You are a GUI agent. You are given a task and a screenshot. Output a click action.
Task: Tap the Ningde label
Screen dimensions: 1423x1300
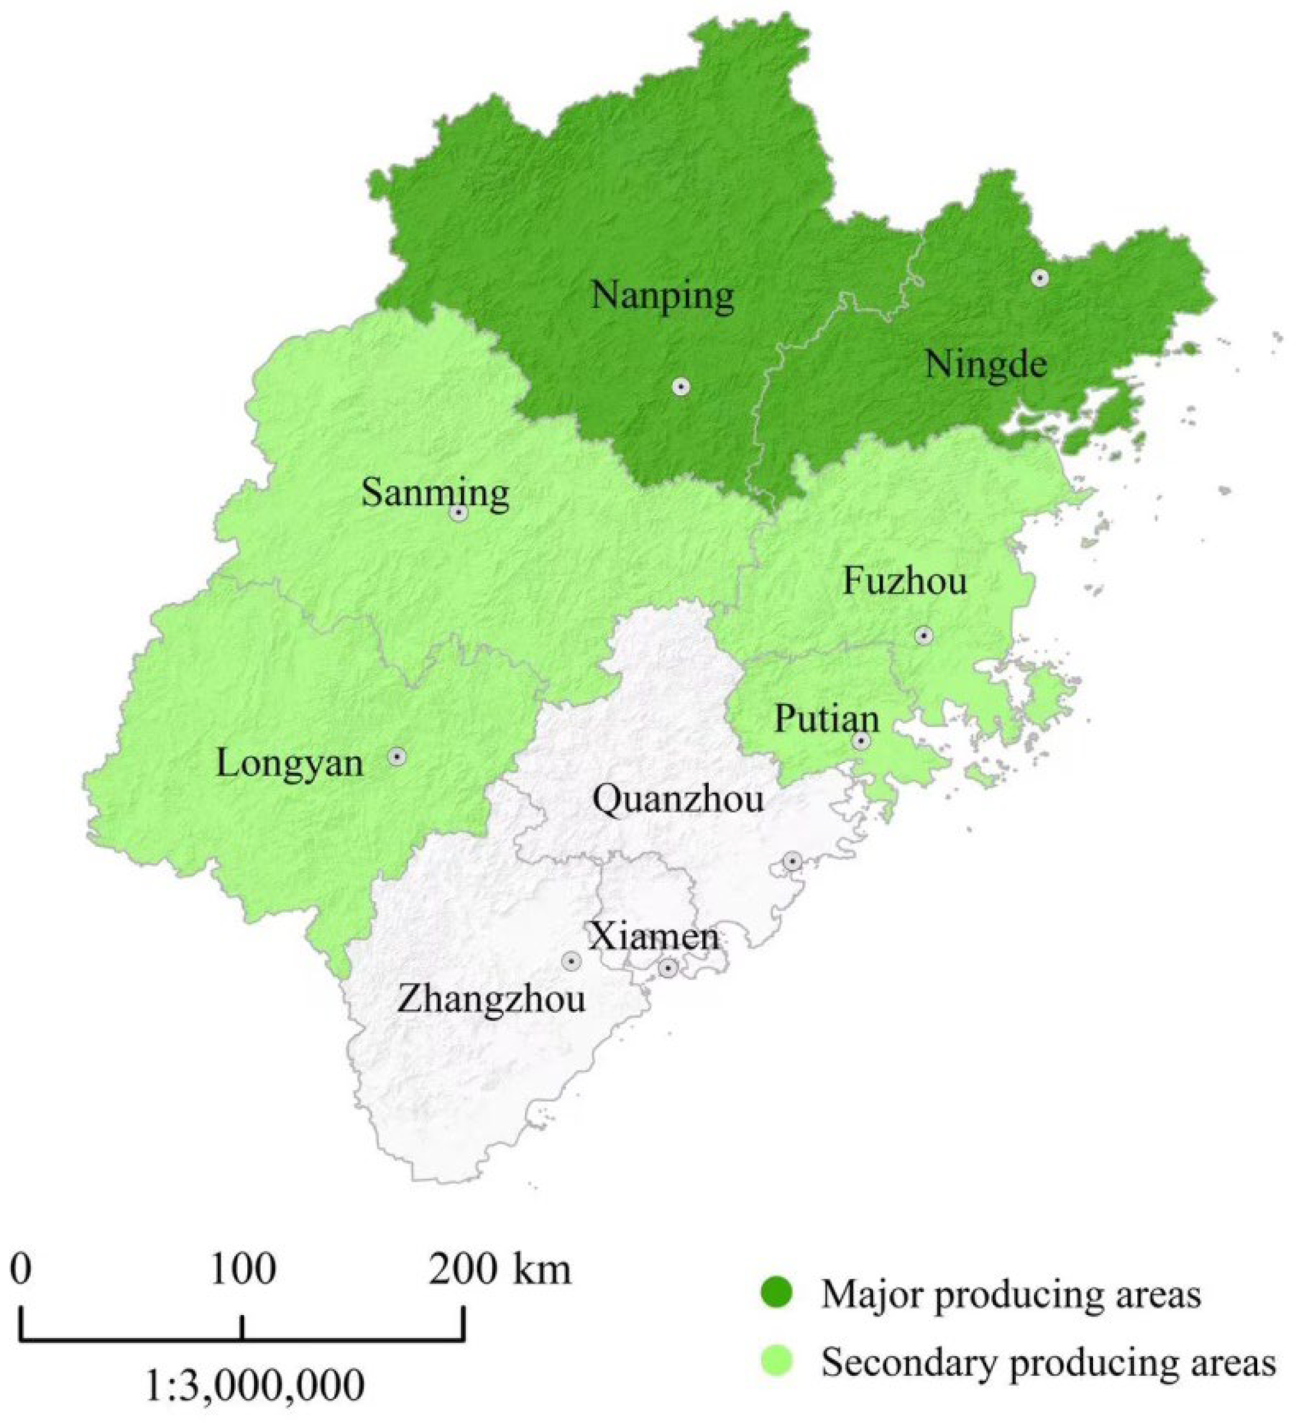985,366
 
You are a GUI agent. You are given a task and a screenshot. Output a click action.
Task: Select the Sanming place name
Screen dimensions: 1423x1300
435,493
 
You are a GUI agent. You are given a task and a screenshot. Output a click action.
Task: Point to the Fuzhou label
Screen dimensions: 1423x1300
905,583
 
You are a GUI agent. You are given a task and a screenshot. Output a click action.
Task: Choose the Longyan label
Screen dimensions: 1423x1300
290,764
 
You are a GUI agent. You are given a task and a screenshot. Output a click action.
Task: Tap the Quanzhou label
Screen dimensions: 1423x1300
677,800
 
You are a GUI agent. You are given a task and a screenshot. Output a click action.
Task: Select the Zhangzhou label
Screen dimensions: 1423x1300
491,1001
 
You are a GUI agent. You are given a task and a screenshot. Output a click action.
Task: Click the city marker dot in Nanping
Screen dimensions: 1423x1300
680,387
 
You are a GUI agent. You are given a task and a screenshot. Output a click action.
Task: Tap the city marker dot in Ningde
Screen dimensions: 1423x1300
1039,278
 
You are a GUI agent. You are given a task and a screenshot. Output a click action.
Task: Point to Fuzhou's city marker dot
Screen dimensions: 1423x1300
924,636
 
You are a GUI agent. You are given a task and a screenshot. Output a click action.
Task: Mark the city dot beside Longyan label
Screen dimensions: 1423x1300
398,756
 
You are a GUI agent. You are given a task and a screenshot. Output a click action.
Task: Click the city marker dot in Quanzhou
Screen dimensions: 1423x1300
793,861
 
